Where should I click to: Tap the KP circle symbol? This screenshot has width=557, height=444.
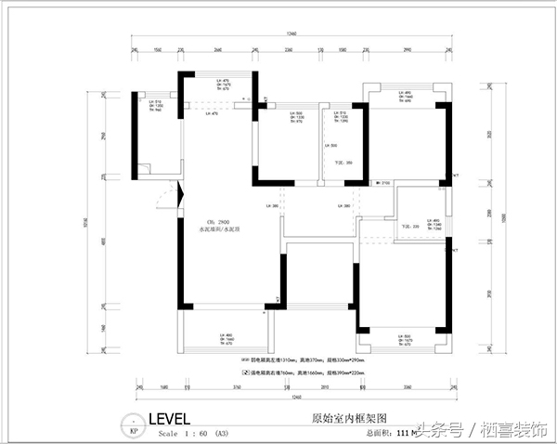[134, 432]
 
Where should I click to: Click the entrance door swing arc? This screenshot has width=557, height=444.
[166, 197]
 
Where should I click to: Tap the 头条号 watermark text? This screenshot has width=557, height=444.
[440, 429]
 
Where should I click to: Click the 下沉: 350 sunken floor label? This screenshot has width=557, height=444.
[330, 163]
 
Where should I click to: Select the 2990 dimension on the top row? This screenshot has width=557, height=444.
[407, 48]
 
